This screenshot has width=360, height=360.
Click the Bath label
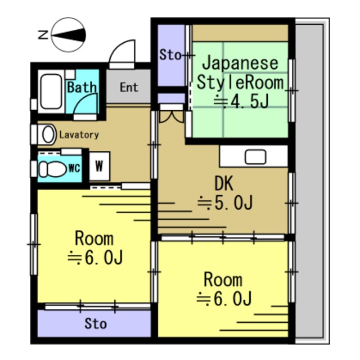coord(82,87)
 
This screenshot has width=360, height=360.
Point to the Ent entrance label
coord(128,87)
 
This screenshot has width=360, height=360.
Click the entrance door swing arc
coord(123,55)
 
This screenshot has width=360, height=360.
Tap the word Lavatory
coord(79,135)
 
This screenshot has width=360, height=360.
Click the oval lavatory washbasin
coord(48,134)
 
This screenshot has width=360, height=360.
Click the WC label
coord(74,168)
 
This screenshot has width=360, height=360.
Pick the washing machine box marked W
coord(99,166)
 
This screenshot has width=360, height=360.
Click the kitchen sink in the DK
coord(255,156)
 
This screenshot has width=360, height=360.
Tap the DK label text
coord(223,183)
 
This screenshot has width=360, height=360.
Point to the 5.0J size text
coord(224,202)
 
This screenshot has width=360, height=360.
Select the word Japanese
coord(240,62)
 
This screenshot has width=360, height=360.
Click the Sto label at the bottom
coord(95,324)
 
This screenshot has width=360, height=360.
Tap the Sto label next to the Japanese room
coord(170,55)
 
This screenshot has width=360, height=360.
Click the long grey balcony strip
coord(310,180)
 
